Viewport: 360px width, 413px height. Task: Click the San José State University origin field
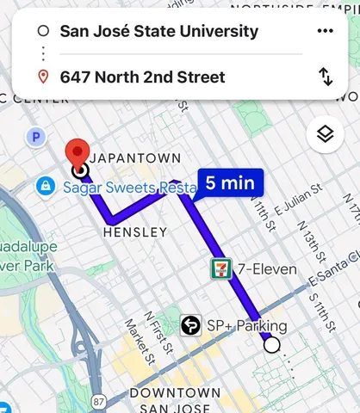[159, 32]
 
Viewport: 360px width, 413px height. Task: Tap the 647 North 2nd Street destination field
[142, 77]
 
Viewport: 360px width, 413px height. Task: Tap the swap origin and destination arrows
[326, 77]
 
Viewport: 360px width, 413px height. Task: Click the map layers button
[325, 134]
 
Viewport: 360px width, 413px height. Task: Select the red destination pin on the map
[79, 152]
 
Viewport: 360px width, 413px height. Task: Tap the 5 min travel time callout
[228, 182]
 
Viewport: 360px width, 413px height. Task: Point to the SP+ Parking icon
[191, 325]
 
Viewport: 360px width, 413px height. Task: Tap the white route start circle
[272, 345]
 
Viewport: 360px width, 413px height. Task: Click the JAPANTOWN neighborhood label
[135, 158]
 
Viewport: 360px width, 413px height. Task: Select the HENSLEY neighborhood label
[134, 232]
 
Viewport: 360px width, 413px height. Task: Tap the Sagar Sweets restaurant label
[121, 186]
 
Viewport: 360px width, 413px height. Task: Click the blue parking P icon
[36, 137]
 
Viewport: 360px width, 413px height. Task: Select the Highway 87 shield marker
[100, 402]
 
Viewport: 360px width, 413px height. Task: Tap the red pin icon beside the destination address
[43, 77]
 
